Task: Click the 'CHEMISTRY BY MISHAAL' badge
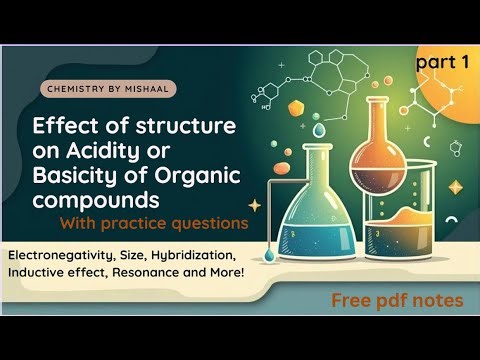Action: pos(111,89)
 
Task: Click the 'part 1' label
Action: pos(443,62)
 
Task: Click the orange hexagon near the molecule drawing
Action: pos(297,107)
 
